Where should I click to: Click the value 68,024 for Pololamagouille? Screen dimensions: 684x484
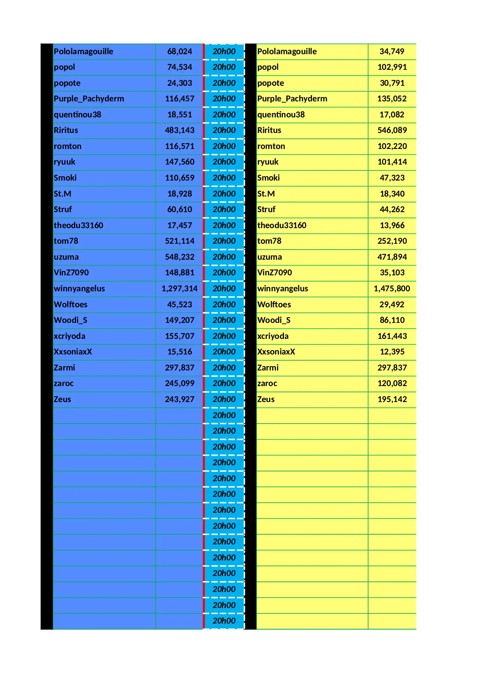tap(179, 51)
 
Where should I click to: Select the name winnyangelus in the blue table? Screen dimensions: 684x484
tap(79, 289)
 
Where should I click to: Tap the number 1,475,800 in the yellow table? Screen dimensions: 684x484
tap(392, 289)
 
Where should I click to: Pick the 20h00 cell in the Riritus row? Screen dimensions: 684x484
tap(224, 130)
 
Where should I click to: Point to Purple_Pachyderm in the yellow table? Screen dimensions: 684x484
tap(292, 99)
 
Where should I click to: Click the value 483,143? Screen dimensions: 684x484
tap(179, 130)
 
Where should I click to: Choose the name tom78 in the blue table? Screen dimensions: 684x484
tap(66, 241)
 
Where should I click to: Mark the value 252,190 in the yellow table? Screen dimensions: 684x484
tap(392, 241)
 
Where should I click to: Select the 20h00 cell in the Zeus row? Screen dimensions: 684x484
tap(224, 399)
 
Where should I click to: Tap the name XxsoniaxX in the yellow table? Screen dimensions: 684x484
tap(276, 352)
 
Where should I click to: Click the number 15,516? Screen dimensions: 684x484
tap(179, 352)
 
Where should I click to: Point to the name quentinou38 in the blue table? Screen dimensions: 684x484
tap(77, 115)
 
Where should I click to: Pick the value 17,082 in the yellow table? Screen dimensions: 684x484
tap(392, 115)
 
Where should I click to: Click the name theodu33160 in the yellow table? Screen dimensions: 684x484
tap(282, 225)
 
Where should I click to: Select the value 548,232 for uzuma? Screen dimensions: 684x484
tap(179, 257)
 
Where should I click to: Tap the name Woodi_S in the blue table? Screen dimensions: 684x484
tap(71, 320)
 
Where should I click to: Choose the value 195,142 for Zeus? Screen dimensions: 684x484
tap(392, 399)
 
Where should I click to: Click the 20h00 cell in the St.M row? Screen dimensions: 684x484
tap(224, 194)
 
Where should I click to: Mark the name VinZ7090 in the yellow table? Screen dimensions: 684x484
tap(275, 273)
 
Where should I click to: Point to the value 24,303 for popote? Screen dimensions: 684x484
tap(179, 83)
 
